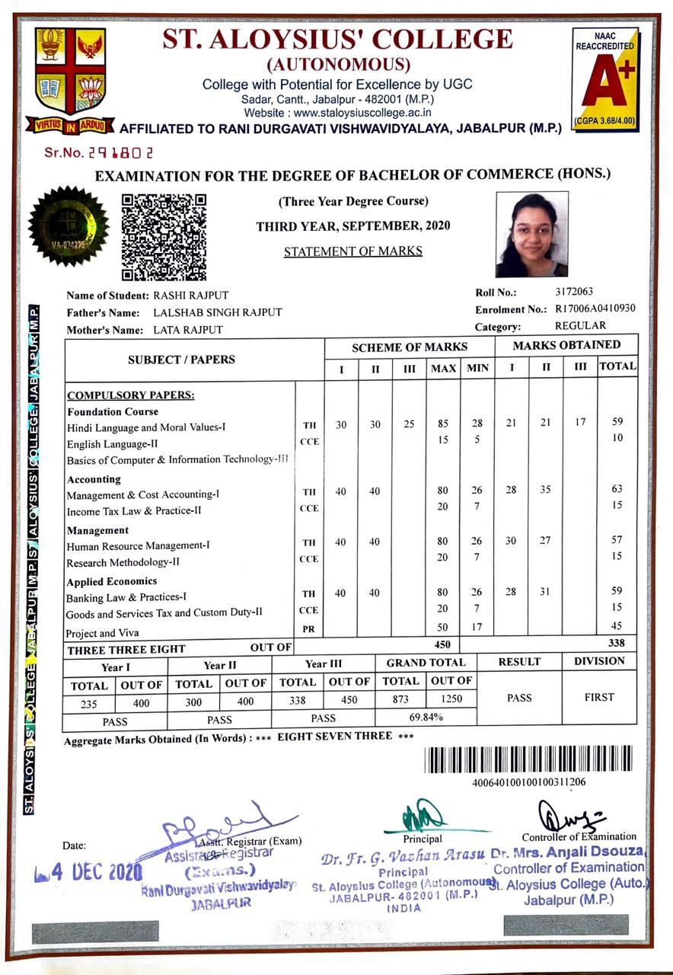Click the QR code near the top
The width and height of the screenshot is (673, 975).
coord(164,237)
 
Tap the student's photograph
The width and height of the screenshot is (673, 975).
coord(531,234)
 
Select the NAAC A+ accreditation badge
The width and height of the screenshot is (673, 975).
coord(604,78)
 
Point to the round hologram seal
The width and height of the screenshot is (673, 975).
coord(68,225)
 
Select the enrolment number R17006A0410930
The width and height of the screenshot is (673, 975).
coord(595,308)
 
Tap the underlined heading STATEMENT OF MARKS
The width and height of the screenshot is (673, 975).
coord(352,251)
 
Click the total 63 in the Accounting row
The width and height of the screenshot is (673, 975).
coord(617,491)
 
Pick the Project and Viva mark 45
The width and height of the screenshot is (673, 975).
coord(617,627)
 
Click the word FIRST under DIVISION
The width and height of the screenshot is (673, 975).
coord(599,697)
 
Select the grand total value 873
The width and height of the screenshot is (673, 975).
coord(400,699)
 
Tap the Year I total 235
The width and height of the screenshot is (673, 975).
coord(89,704)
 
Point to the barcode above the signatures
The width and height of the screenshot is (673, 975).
coord(528,759)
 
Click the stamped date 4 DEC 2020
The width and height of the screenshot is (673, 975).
coord(88,871)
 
